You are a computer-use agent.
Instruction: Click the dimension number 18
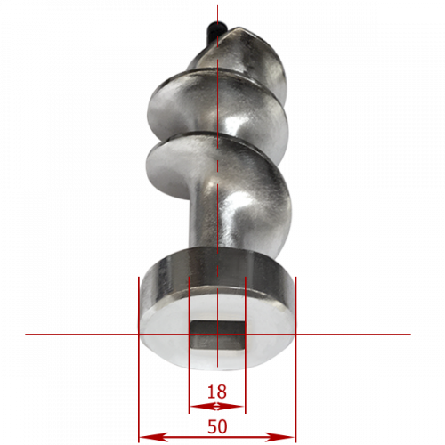217,392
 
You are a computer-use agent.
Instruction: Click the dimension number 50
217,426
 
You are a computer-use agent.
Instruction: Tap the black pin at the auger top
215,30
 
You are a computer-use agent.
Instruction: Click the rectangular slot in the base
218,335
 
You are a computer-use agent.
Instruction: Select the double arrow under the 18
217,406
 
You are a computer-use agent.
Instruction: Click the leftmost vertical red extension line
139,360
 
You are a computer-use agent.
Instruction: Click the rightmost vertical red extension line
295,360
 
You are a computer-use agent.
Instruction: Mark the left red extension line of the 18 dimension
189,345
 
